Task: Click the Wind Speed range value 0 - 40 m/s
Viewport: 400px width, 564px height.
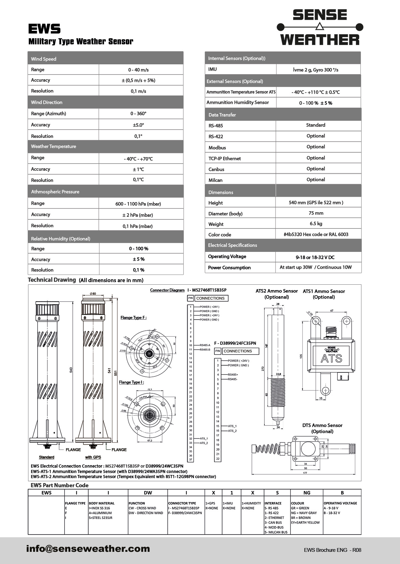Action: (138, 70)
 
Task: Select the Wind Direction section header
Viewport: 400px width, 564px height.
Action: (47, 102)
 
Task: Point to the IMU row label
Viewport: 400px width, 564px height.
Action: (212, 69)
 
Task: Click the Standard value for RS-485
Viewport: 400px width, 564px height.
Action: (315, 125)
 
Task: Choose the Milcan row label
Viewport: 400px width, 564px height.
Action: (215, 180)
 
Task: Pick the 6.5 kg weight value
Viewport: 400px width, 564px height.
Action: (316, 224)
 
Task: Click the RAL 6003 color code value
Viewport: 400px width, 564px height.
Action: (316, 234)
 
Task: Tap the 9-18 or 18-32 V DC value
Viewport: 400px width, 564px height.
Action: (315, 257)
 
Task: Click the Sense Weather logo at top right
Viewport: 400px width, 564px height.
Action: (320, 27)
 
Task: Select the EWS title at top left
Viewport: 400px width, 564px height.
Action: (44, 29)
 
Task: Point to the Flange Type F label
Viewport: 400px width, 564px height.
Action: (134, 318)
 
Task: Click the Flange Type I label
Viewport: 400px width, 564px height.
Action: (132, 382)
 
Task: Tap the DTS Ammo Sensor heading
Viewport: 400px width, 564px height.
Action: (322, 425)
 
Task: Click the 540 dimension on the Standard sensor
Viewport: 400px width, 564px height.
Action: (71, 370)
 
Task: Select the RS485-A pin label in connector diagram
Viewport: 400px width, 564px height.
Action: (205, 345)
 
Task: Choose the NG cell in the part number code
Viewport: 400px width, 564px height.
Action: (306, 493)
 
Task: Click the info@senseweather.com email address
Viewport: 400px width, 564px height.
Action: (88, 548)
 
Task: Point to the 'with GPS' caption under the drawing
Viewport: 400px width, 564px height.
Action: (93, 457)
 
